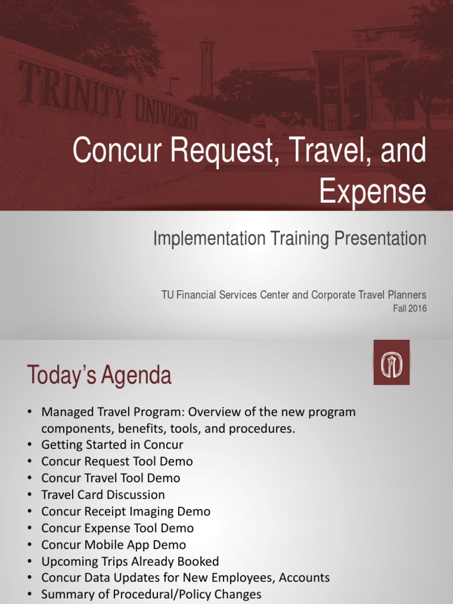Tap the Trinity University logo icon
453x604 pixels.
click(391, 362)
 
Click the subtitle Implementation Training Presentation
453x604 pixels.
click(289, 238)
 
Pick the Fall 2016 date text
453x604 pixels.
click(409, 308)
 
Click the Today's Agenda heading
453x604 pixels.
click(99, 375)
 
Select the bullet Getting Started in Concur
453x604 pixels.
click(112, 445)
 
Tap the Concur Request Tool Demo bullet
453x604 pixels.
click(117, 461)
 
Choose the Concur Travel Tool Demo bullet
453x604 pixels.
click(110, 478)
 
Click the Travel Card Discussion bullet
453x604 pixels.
click(103, 494)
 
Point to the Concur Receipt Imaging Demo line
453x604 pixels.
click(126, 511)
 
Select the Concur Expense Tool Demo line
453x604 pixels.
click(117, 528)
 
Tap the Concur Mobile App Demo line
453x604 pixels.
click(113, 544)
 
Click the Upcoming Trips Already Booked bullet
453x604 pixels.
click(130, 561)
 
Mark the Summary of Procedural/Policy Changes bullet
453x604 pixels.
click(151, 595)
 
